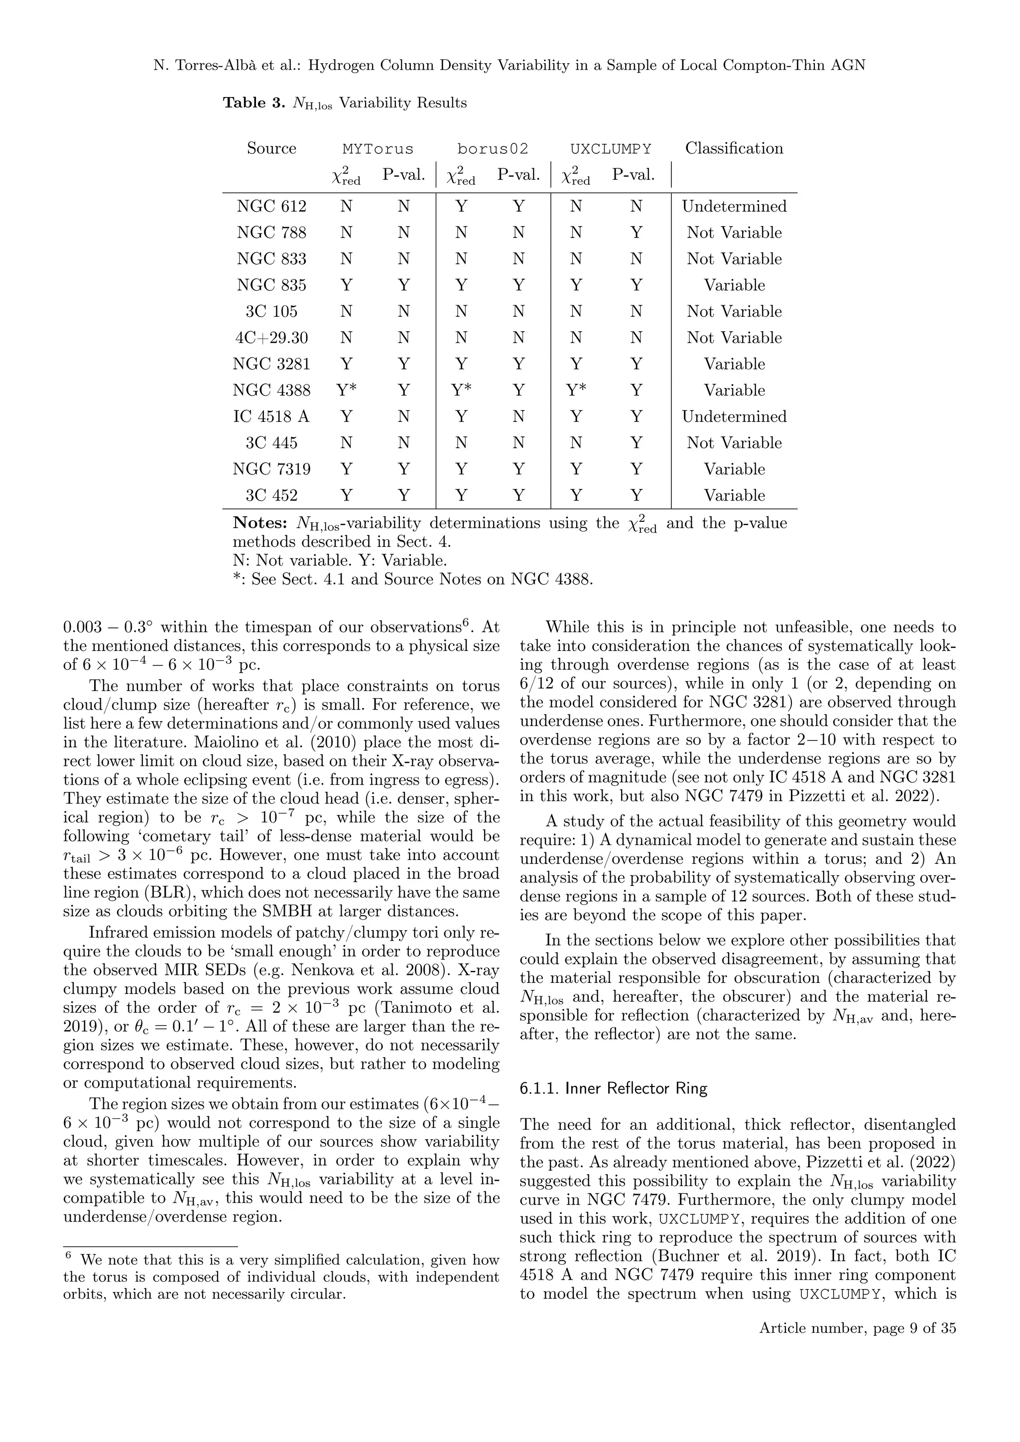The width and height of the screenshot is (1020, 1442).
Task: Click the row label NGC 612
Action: tap(271, 207)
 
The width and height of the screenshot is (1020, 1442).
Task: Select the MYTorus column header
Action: tap(378, 149)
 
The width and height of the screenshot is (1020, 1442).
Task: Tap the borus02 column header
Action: tap(493, 149)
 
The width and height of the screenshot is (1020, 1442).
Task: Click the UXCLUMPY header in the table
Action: tap(611, 149)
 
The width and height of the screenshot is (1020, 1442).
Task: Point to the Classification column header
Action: tap(734, 148)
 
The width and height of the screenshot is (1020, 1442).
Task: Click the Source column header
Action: tap(271, 148)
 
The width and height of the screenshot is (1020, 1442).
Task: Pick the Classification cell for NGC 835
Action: tap(734, 285)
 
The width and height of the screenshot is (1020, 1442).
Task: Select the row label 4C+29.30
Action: tap(271, 338)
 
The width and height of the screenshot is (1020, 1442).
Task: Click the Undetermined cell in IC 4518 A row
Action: tap(734, 416)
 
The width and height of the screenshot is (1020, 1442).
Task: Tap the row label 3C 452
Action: tap(271, 495)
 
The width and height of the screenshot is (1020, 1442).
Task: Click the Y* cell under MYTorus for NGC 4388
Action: tap(346, 390)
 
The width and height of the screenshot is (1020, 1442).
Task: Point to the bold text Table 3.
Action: tap(254, 103)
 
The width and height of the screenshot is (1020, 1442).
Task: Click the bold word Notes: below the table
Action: tap(260, 523)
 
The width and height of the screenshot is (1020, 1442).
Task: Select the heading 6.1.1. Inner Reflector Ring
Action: tap(613, 1088)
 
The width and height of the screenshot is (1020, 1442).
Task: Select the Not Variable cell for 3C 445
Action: tap(734, 443)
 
